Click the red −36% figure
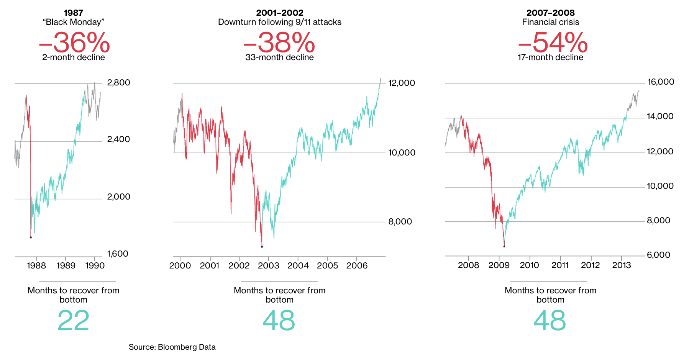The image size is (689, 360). [74, 43]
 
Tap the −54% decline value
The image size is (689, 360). [553, 43]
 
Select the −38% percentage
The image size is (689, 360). [279, 43]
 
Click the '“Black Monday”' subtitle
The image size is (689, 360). [74, 22]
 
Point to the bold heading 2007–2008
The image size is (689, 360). [550, 13]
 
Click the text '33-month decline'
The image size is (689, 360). [279, 57]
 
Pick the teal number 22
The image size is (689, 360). [73, 321]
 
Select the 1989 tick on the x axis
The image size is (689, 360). [66, 266]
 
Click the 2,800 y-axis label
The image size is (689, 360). [118, 83]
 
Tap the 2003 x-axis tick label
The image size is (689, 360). [268, 266]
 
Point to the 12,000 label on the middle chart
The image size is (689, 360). [402, 83]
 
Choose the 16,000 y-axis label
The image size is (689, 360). [661, 82]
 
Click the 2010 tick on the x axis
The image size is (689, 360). [529, 265]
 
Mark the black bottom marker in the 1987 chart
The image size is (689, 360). [31, 237]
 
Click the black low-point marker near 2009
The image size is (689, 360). [504, 246]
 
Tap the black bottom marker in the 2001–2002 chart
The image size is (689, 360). [262, 247]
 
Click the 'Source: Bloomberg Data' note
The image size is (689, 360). [172, 347]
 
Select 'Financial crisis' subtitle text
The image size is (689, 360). [550, 22]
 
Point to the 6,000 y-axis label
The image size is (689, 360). [658, 255]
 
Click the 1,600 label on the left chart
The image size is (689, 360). [118, 254]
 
